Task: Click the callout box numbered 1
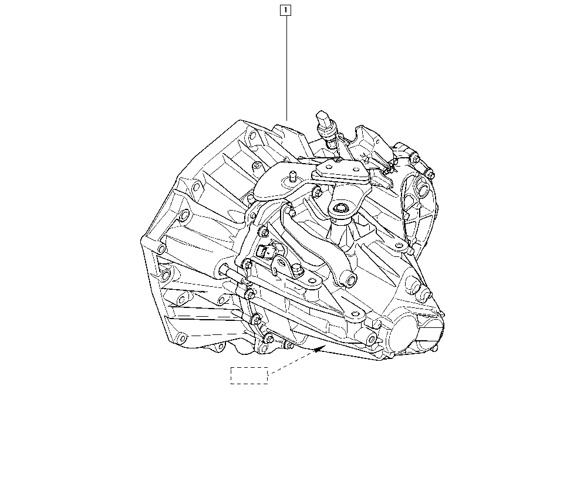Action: [285, 10]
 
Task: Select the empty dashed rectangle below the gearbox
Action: [249, 375]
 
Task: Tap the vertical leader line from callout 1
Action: [287, 67]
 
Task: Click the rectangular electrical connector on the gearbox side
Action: [267, 251]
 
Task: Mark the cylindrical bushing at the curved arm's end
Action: [350, 279]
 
